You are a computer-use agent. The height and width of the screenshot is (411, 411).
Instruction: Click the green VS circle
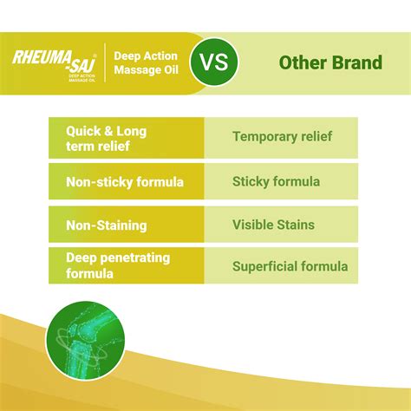click(x=213, y=62)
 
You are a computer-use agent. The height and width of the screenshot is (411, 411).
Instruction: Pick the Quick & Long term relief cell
click(x=127, y=138)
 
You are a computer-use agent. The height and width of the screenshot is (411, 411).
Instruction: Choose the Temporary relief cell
click(x=282, y=137)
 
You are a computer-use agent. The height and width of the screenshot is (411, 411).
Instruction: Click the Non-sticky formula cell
click(x=127, y=182)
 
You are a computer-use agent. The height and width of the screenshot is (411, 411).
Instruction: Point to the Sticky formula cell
click(x=282, y=182)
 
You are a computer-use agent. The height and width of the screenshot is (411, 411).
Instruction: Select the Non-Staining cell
click(x=127, y=225)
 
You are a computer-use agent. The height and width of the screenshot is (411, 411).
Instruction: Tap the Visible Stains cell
click(x=282, y=225)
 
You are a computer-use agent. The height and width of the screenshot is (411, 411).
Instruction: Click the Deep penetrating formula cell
click(x=127, y=266)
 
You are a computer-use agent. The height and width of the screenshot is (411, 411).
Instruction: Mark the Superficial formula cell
click(x=282, y=266)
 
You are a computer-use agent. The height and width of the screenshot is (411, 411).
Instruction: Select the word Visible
click(x=252, y=225)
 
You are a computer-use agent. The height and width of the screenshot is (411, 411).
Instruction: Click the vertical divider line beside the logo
click(x=105, y=62)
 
